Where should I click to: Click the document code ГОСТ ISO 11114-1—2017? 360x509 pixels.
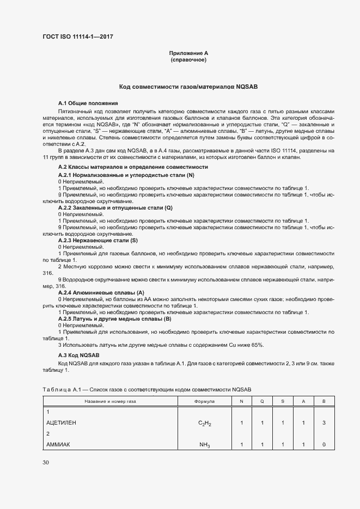click(78, 37)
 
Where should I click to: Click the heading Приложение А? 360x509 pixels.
click(188, 53)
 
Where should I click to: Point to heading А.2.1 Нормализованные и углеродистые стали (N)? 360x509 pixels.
click(126, 175)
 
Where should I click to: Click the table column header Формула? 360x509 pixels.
click(204, 401)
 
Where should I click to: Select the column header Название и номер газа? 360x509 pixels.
click(110, 401)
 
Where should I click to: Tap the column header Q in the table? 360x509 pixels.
click(261, 401)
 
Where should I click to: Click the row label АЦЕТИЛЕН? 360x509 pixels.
click(62, 422)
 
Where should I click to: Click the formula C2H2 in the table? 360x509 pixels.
click(205, 423)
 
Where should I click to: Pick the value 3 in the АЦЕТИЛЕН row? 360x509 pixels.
click(324, 422)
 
